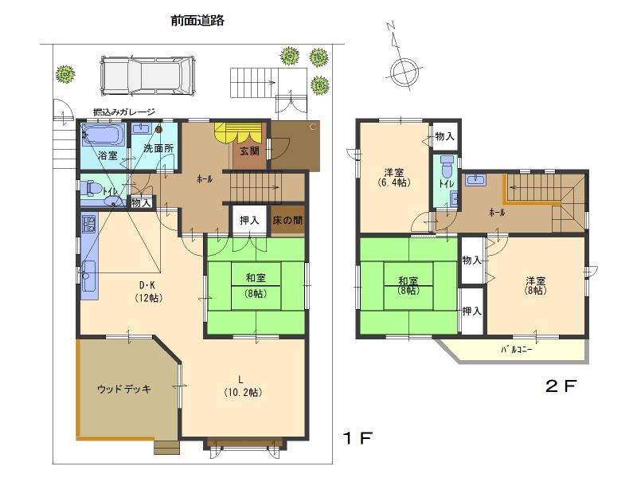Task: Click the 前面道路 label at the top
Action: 197,22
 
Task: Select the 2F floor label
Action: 560,387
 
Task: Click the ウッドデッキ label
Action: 124,389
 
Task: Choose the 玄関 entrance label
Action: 248,151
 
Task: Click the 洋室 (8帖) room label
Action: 535,285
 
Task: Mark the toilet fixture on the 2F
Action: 447,167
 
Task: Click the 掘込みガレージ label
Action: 123,112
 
